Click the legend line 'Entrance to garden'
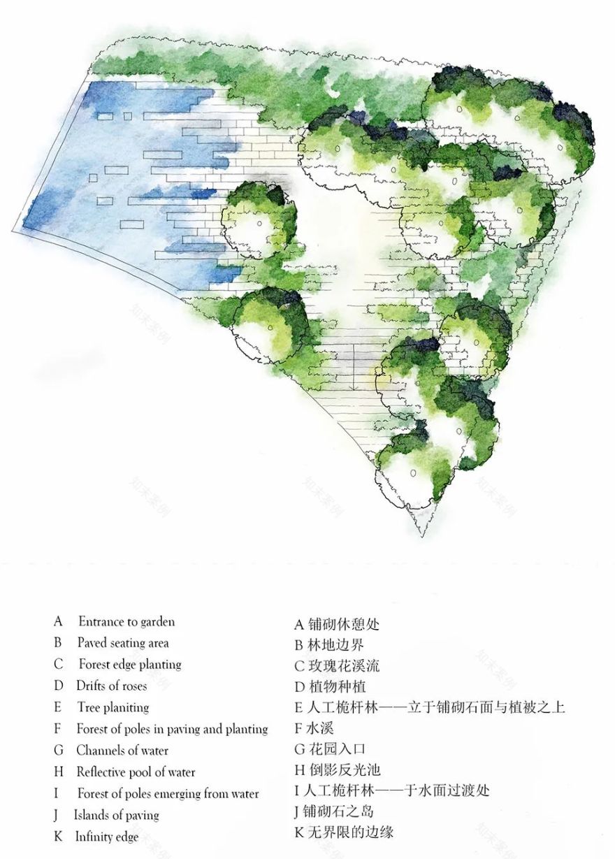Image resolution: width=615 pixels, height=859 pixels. tap(126, 621)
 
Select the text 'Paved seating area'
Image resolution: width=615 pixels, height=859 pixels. tap(123, 643)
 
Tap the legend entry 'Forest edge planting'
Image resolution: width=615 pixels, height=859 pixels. tap(129, 665)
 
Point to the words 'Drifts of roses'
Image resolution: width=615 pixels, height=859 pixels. tap(112, 686)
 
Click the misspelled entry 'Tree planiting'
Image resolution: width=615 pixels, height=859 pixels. tap(113, 708)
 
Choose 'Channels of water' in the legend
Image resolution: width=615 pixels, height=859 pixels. tap(122, 751)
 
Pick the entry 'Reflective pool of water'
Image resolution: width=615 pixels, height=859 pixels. tap(136, 772)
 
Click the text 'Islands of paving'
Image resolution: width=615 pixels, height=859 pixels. tap(117, 816)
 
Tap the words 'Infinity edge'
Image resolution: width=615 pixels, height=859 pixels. tap(107, 837)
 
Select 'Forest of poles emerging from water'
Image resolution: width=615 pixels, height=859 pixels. tap(168, 794)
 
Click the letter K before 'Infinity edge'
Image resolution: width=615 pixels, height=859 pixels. tap(58, 837)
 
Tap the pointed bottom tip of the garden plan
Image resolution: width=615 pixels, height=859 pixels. tap(422, 536)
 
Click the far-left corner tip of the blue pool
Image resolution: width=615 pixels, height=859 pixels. tap(13, 231)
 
